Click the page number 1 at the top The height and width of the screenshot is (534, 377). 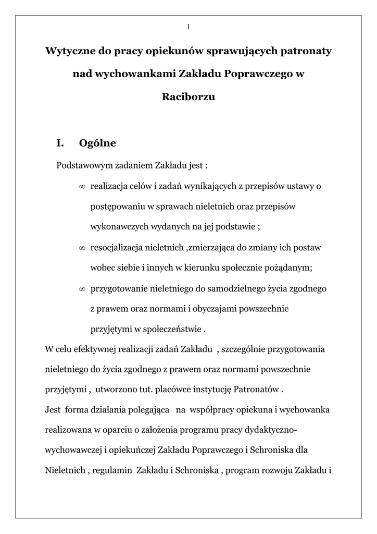click(188, 27)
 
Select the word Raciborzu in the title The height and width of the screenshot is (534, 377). click(188, 96)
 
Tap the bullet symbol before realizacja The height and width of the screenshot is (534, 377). click(82, 186)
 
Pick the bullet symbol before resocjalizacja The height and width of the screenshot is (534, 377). click(82, 247)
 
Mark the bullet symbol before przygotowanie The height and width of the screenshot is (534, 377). click(82, 288)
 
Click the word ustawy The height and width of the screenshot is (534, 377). click(302, 186)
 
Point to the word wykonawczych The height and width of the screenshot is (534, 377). click(115, 227)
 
